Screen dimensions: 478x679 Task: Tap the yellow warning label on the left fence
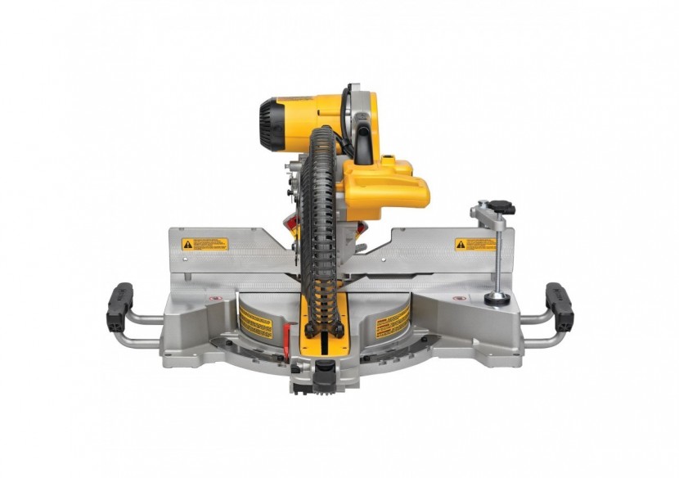205,244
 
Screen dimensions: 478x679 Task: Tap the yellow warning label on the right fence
475,244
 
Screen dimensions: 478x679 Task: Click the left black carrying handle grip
119,307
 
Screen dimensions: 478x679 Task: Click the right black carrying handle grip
560,307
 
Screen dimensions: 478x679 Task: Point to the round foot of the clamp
496,300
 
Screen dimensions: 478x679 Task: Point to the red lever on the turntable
287,335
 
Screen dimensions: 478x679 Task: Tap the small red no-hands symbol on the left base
215,298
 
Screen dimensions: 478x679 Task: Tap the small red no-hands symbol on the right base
459,299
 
